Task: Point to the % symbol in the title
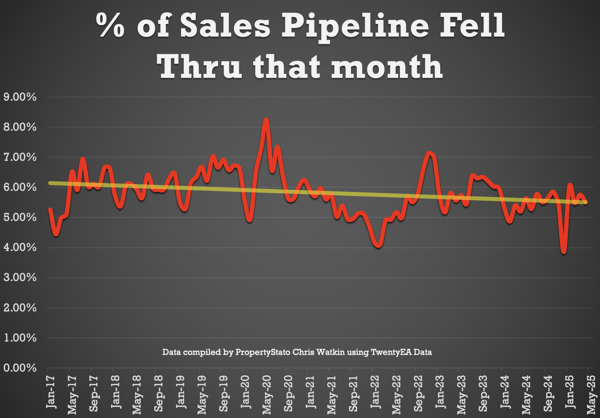[x=111, y=25]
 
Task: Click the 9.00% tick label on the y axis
[x=20, y=97]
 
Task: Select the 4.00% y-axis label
[x=20, y=248]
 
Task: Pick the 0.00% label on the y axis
[x=20, y=368]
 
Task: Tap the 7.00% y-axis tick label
[x=20, y=158]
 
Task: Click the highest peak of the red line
[x=266, y=120]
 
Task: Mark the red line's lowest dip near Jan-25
[x=564, y=252]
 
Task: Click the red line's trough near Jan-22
[x=379, y=245]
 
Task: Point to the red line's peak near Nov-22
[x=430, y=153]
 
